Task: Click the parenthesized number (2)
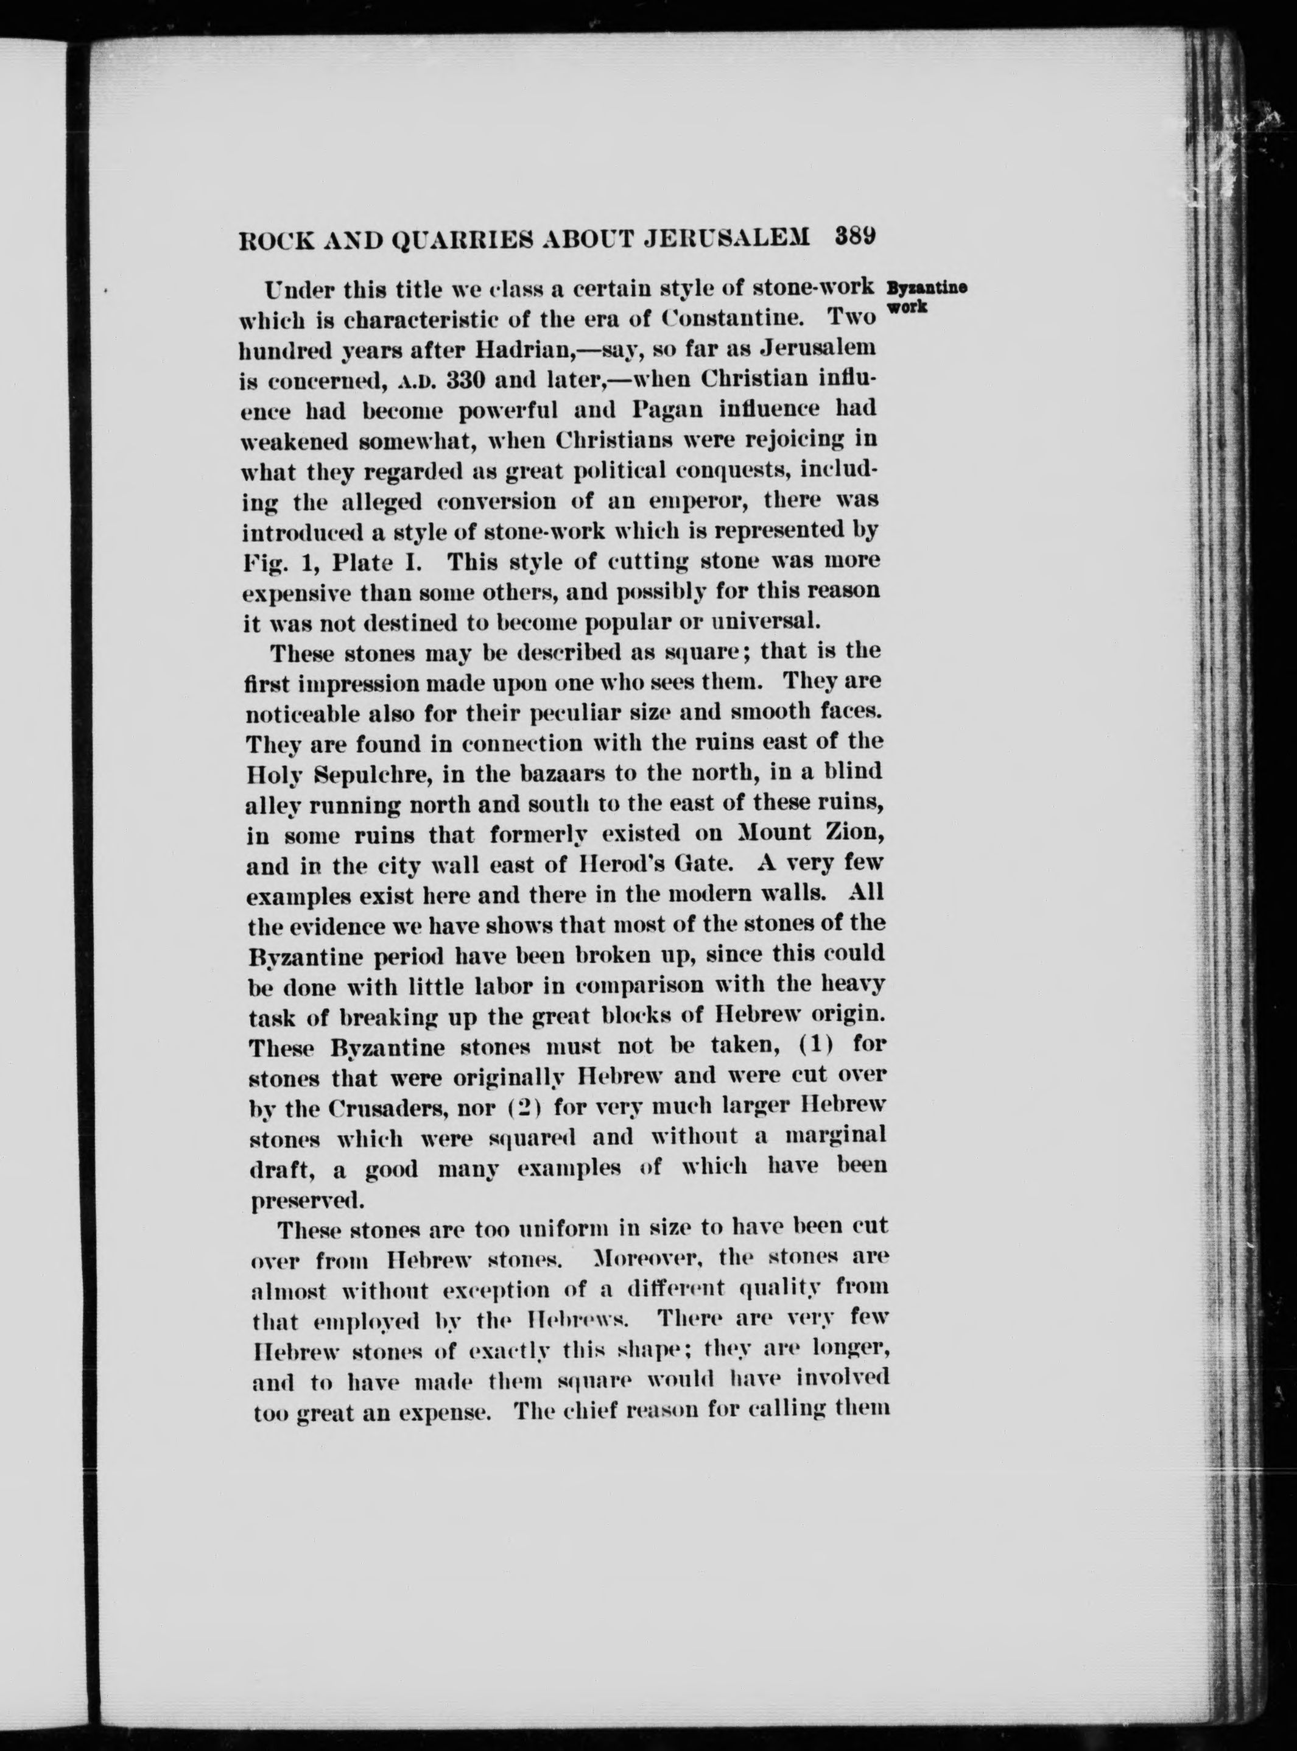502,1107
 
